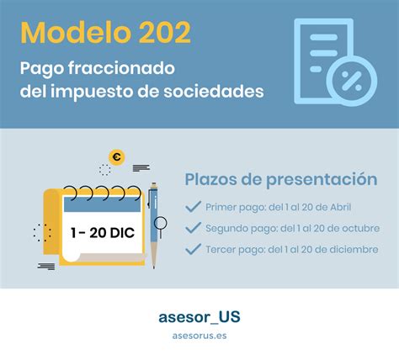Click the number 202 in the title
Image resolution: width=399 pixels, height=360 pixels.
pos(165,33)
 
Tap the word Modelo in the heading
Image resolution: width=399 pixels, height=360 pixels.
pos(76,33)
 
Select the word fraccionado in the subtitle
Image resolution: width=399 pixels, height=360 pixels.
pos(121,68)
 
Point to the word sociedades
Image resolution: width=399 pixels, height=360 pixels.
pos(214,92)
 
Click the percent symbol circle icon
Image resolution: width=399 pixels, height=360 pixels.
pos(352,82)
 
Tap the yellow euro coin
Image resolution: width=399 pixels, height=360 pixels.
pos(117,157)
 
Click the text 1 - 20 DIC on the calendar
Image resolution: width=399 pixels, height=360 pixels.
pos(103,233)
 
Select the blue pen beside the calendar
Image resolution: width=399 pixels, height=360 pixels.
pos(154,225)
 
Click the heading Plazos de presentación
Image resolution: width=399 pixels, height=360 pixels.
pos(281,179)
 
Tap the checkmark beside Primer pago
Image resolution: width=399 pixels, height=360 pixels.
pos(193,207)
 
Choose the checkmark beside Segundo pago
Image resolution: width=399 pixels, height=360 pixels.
pos(193,228)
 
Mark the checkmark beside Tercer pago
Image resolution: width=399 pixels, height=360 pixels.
pos(193,249)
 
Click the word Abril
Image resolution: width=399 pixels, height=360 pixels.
pos(340,207)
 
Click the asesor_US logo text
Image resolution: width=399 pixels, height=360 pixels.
pos(199,317)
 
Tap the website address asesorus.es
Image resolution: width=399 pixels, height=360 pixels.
pos(199,336)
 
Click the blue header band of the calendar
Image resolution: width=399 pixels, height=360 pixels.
pos(102,204)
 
